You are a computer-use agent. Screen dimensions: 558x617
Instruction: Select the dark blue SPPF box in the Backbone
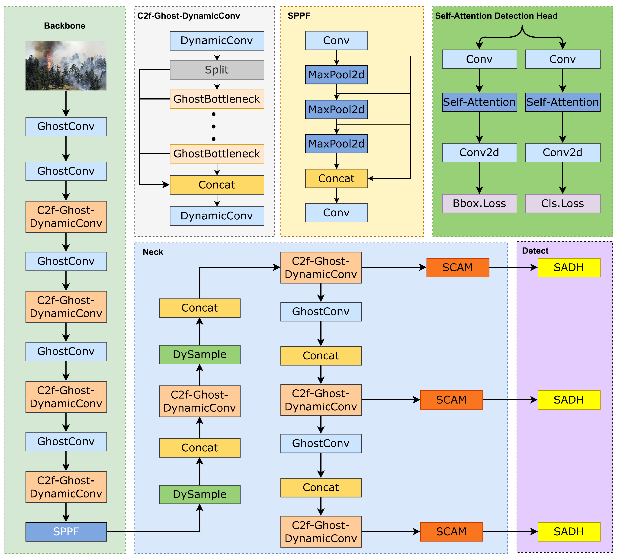[x=66, y=532]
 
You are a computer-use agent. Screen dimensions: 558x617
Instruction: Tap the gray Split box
[x=217, y=70]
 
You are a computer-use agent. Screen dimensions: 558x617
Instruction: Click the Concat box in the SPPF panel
[x=336, y=178]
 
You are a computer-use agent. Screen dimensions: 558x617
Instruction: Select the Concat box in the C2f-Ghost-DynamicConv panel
[x=217, y=185]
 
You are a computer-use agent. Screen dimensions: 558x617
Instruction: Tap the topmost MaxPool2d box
[x=336, y=75]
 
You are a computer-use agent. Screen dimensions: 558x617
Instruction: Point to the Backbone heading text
[x=64, y=26]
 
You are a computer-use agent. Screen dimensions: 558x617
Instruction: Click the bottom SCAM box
[x=451, y=532]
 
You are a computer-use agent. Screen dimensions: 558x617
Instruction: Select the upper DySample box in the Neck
[x=199, y=354]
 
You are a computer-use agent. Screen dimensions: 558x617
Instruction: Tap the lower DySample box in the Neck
[x=199, y=494]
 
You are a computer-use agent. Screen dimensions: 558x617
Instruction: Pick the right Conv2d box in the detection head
[x=562, y=152]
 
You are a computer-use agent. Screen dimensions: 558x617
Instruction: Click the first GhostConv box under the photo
[x=66, y=126]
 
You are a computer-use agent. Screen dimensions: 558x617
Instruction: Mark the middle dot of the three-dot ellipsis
[x=214, y=126]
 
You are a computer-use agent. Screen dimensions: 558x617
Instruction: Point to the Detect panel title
[x=535, y=251]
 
